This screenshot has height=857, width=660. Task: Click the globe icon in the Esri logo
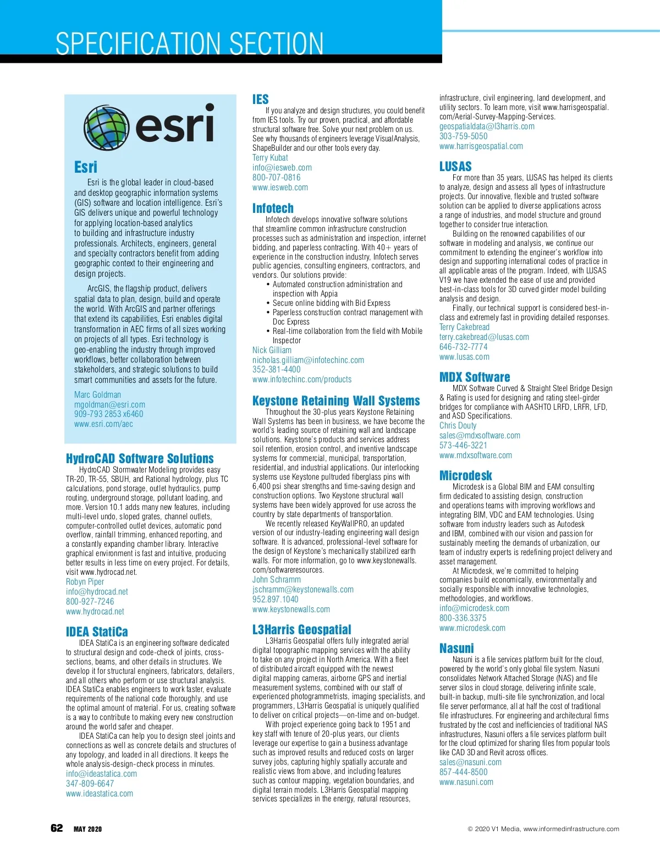106,125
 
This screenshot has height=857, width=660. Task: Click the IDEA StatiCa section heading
97,631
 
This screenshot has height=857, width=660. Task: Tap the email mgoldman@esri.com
109,404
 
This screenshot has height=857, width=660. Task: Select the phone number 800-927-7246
90,601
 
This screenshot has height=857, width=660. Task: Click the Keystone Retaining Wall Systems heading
335,400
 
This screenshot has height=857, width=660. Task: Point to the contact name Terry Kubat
270,157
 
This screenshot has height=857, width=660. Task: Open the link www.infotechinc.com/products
301,379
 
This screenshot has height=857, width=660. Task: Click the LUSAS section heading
455,166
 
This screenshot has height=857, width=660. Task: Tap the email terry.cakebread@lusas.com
484,337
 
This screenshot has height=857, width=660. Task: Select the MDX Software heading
475,377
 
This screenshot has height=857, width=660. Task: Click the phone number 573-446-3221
463,445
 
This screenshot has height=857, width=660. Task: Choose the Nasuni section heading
457,648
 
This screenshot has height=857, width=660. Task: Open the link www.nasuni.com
466,782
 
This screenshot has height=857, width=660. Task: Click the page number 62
57,828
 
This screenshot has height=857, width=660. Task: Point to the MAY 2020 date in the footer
87,829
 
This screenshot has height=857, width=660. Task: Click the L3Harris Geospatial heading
301,629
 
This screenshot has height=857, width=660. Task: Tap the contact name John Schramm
276,579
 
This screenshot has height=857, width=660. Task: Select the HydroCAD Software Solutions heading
140,458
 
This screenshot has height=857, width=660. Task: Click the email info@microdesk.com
474,608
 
